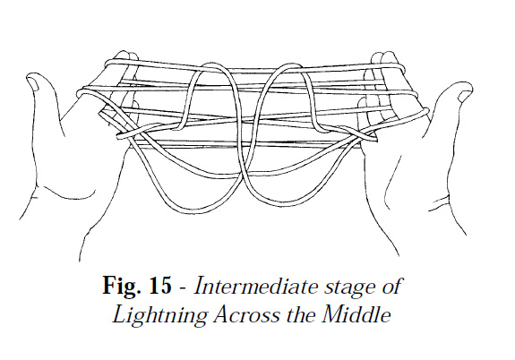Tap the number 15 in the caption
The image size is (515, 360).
coord(160,285)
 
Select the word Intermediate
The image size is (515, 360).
coord(256,286)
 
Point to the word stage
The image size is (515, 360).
coord(350,287)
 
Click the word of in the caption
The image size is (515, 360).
coord(391,286)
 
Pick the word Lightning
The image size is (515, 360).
coord(160,314)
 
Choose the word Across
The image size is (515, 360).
coord(246,314)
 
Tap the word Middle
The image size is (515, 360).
coord(356,314)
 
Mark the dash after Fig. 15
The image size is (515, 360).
coord(184,288)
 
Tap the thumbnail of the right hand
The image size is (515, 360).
coord(464,96)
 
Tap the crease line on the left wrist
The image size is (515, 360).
coord(63,193)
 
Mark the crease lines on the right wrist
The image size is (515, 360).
coord(439,201)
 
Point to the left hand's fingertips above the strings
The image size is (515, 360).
coord(126,56)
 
